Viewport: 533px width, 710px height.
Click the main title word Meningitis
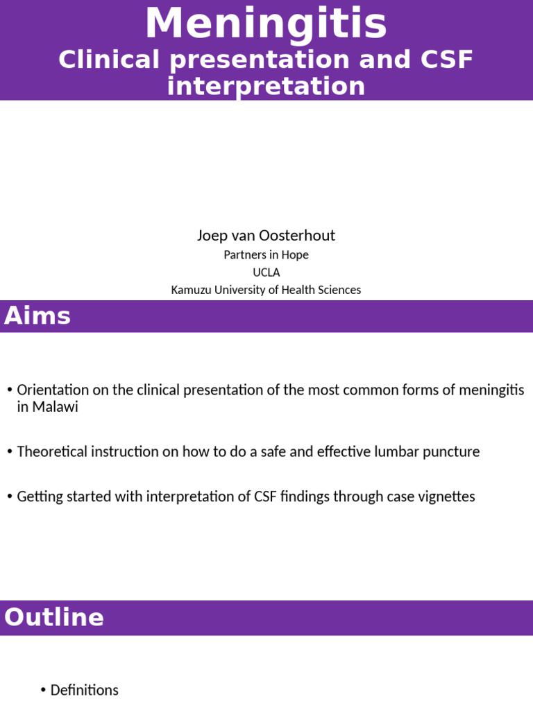tap(266, 24)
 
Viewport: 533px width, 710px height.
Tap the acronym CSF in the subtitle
tap(448, 60)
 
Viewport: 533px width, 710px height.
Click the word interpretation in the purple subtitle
tap(266, 87)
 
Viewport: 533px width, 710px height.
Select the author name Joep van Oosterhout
tap(266, 236)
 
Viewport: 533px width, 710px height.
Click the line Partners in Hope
tap(266, 255)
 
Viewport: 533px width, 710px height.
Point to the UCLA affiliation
tap(266, 272)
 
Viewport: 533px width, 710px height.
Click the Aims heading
tap(37, 316)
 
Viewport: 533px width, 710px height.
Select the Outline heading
tap(54, 618)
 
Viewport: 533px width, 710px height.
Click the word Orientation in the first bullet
tap(53, 390)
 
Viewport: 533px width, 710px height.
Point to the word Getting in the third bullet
tap(40, 496)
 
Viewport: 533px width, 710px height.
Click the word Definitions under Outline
tap(85, 691)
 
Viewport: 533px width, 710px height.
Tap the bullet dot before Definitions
tap(43, 691)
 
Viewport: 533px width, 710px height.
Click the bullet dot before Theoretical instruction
tap(10, 452)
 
